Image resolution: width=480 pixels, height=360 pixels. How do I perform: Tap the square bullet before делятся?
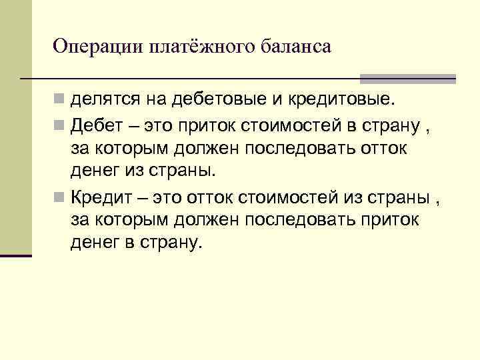click(x=60, y=101)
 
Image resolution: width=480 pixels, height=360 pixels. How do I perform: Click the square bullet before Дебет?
click(x=60, y=125)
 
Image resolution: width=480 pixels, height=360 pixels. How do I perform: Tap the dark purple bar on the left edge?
click(x=16, y=255)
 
